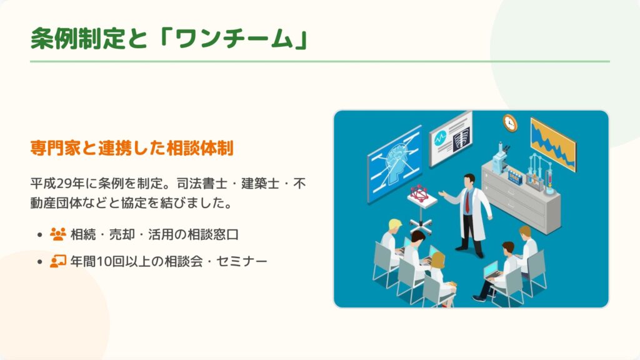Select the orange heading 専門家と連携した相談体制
click(x=132, y=147)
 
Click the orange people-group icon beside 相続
click(x=58, y=234)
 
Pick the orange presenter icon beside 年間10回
click(x=58, y=261)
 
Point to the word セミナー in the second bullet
click(x=242, y=261)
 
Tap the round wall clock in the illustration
click(x=510, y=123)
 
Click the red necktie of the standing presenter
click(x=467, y=202)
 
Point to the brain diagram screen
click(x=395, y=164)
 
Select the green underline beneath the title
click(x=320, y=62)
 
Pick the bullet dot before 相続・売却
click(x=39, y=235)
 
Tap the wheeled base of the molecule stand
click(x=421, y=225)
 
